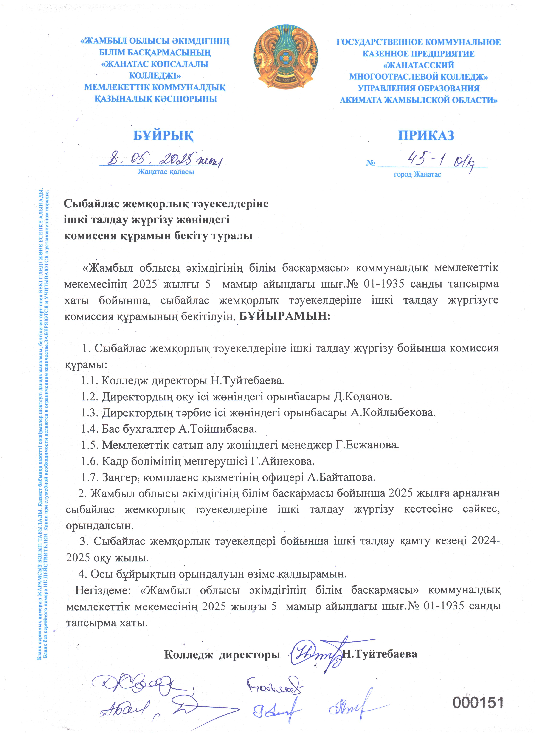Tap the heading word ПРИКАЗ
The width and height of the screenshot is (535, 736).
pyautogui.click(x=426, y=135)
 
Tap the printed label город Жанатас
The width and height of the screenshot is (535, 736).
pyautogui.click(x=417, y=175)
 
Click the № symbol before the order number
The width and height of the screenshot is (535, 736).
pyautogui.click(x=371, y=163)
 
